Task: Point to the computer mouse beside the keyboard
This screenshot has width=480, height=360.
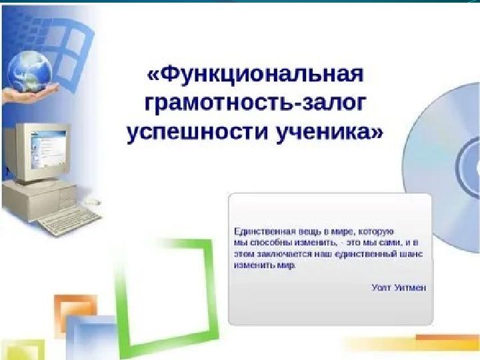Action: (94, 199)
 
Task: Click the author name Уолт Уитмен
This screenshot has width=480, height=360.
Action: (399, 287)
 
